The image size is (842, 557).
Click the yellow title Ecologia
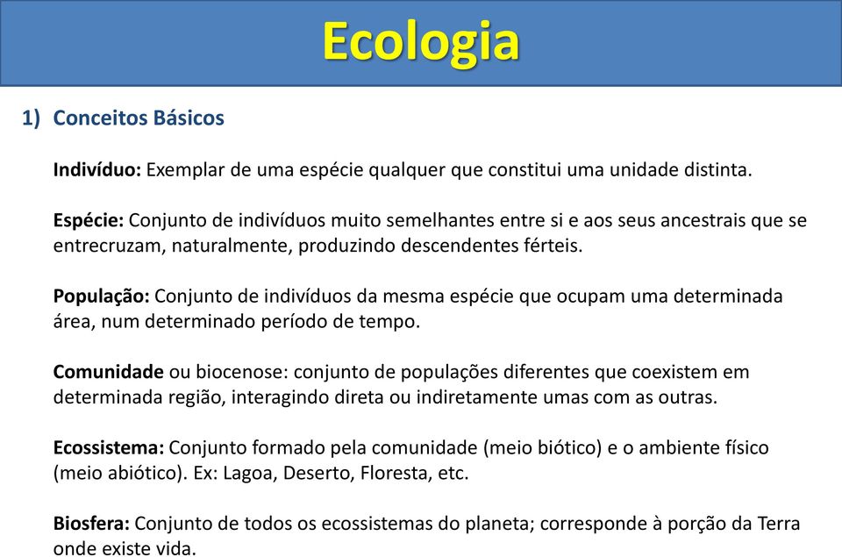tap(421, 43)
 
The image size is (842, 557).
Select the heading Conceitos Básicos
tap(139, 118)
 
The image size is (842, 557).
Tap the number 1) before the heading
tap(32, 118)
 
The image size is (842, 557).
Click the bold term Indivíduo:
tap(97, 170)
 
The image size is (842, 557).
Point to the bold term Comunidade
tap(109, 372)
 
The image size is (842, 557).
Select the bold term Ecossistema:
tap(109, 447)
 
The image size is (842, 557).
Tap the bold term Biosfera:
tap(91, 523)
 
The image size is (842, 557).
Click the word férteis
tap(553, 246)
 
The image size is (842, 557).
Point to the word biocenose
tap(242, 372)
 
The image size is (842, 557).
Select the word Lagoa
tap(250, 473)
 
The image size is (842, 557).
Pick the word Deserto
tap(318, 473)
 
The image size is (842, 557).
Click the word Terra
tap(779, 523)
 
